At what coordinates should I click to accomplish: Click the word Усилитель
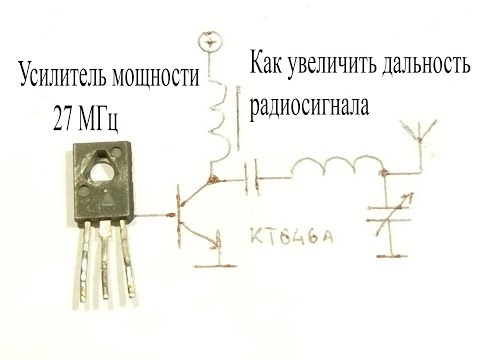coord(61,76)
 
